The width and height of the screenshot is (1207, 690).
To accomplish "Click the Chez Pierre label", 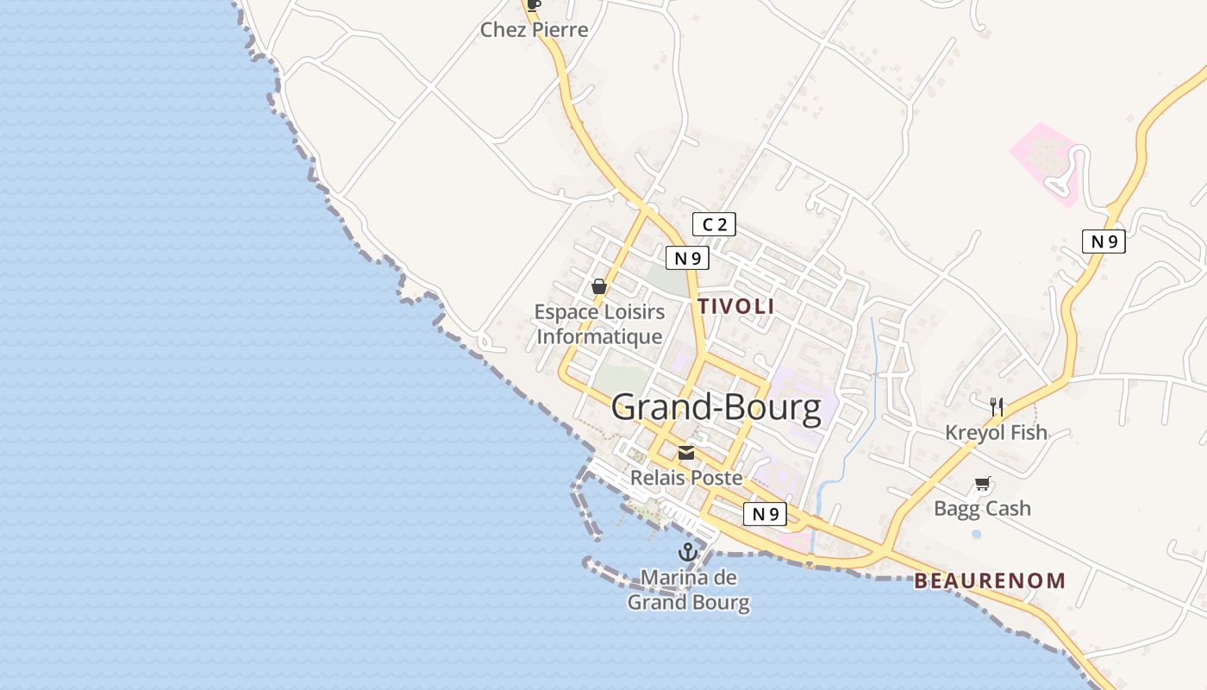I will point(534,30).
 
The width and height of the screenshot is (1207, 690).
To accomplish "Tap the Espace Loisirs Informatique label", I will point(599,324).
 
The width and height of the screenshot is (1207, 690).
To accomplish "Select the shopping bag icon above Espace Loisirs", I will point(599,286).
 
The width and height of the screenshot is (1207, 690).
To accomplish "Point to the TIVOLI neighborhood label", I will point(735,306).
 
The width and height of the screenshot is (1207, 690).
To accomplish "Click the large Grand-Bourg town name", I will point(716,408).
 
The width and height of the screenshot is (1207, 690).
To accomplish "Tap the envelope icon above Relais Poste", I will point(686,453).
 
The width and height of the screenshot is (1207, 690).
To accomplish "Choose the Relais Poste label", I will point(686,477).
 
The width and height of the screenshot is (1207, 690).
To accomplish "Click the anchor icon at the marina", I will point(688,552).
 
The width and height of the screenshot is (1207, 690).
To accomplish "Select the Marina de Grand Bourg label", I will point(688,590).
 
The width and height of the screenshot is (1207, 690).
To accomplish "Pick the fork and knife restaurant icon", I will point(997,405).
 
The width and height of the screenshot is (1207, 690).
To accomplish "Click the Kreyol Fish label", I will point(997,432).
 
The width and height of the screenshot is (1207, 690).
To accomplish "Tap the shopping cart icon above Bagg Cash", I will point(982,484).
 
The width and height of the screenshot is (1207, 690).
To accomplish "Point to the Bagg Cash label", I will point(982,509).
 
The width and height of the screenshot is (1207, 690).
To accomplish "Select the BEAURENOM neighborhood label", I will point(990,581).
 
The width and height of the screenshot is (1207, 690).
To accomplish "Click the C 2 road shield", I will point(714,225).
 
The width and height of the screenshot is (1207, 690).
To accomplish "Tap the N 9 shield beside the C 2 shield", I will point(687,257).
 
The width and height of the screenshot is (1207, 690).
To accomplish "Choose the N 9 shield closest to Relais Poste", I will point(765,514).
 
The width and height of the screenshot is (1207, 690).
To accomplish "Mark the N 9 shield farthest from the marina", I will point(1104,241).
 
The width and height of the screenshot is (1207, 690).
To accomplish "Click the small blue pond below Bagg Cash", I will point(976,534).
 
